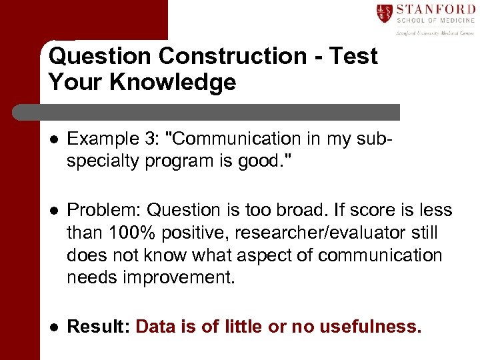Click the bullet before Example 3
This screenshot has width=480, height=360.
click(53, 139)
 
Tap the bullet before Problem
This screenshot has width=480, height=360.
click(53, 211)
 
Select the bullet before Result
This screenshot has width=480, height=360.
click(53, 327)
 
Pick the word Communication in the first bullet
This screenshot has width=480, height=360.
click(227, 139)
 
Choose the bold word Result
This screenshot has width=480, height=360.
click(99, 327)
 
